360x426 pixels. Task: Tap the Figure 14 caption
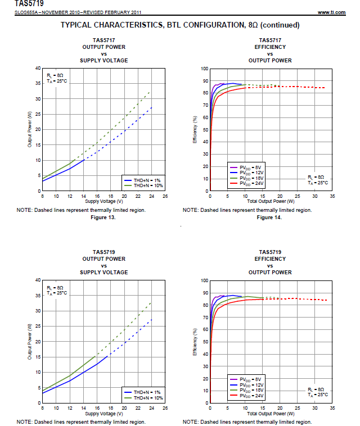(x=268, y=217)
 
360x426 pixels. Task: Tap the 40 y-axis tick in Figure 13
(x=38, y=68)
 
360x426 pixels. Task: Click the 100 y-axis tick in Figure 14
(x=205, y=68)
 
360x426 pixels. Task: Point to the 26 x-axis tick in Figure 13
(x=165, y=196)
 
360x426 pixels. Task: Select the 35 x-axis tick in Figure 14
(x=332, y=196)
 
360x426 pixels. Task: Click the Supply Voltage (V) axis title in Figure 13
(x=104, y=201)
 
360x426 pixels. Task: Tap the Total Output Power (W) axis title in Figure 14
(x=271, y=201)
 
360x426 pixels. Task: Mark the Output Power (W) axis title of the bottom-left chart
(x=29, y=341)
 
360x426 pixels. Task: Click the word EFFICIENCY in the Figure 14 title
(x=270, y=47)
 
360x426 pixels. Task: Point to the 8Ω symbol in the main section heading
(x=251, y=25)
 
